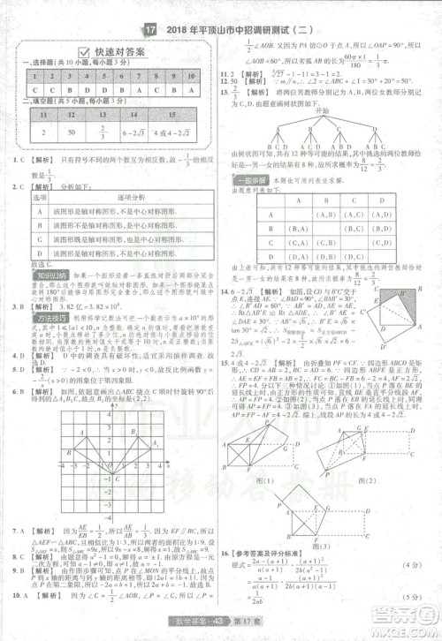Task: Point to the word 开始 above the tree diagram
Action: point(322,110)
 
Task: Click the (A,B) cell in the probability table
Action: point(326,214)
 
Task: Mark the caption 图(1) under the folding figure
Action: point(264,481)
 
